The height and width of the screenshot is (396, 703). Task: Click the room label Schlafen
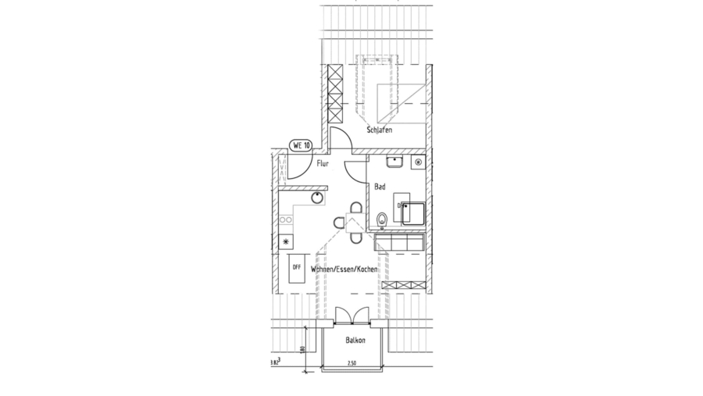(x=379, y=130)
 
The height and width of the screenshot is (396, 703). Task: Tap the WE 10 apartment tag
(x=301, y=145)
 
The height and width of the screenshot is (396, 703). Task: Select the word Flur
(x=322, y=165)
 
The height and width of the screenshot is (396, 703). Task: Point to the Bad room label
(x=380, y=187)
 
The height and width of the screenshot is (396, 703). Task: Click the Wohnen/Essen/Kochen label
(x=344, y=269)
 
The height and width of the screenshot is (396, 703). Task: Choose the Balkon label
(x=355, y=340)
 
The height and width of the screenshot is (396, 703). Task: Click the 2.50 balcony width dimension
(x=351, y=364)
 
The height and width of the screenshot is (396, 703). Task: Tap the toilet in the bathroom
(x=381, y=219)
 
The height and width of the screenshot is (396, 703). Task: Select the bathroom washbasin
(x=393, y=163)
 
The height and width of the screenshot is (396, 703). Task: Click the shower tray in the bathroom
(x=413, y=213)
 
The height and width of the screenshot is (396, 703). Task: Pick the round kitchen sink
(x=318, y=197)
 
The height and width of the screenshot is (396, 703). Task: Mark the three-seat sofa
(x=399, y=244)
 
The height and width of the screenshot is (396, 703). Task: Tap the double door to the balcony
(x=351, y=314)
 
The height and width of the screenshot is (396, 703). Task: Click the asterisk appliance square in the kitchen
(x=285, y=241)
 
